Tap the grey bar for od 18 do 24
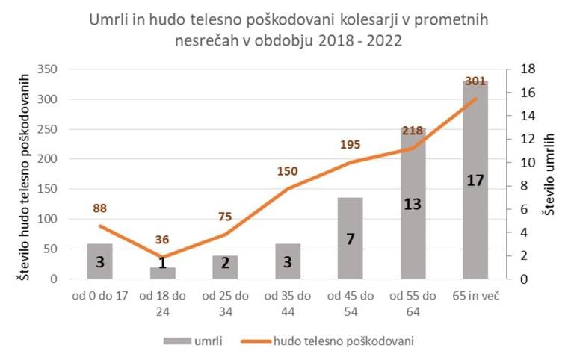click(163, 273)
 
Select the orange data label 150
click(287, 172)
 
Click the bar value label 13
click(413, 204)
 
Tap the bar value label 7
click(350, 239)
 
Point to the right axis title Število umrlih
click(549, 175)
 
